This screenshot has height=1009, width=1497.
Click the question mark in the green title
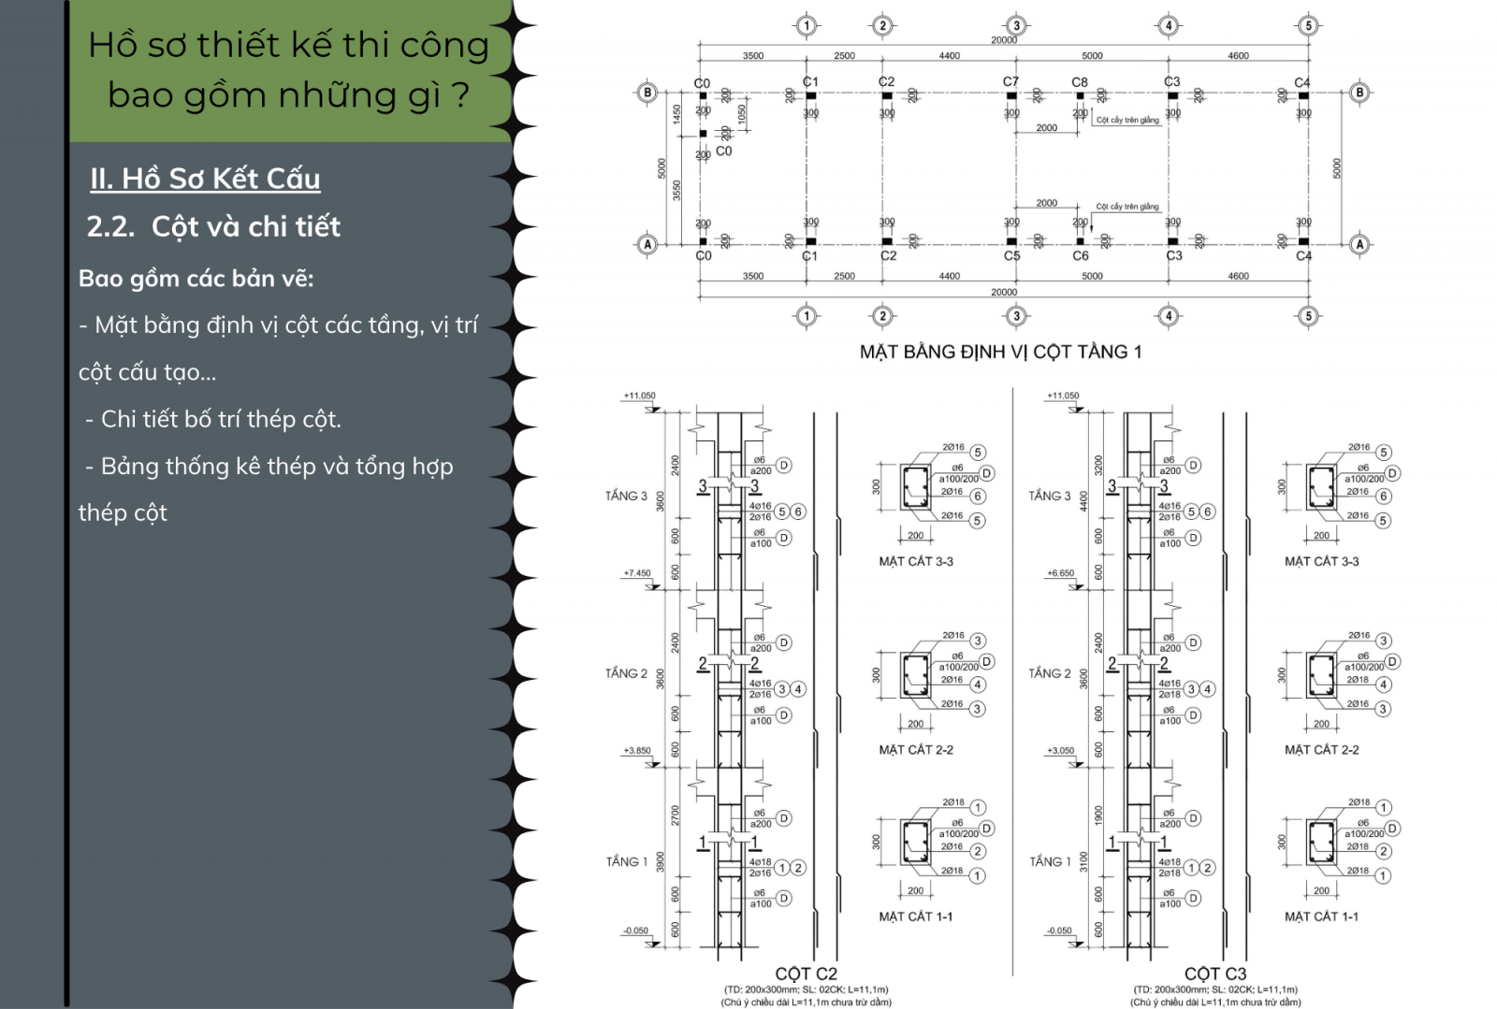[458, 95]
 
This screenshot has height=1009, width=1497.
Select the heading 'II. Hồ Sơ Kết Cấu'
[205, 179]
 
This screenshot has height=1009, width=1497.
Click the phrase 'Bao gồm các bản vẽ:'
[196, 279]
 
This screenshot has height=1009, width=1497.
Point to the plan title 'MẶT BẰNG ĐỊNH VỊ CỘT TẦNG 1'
[1000, 352]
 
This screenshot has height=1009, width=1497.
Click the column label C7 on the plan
[1010, 81]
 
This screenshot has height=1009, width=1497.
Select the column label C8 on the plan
[1080, 82]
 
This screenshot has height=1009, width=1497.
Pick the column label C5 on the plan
[1011, 256]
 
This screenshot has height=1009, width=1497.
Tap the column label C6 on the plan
[1081, 256]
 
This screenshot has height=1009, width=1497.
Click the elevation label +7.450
[637, 573]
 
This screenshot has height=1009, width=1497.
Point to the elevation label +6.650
[1060, 573]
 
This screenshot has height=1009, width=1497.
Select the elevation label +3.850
[637, 751]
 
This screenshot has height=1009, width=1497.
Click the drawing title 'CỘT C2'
[806, 973]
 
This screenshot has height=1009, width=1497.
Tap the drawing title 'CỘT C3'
[1214, 973]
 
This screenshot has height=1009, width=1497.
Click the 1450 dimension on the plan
[676, 114]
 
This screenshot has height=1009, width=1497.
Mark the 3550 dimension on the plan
[676, 190]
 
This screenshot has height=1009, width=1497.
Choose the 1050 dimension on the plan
[742, 114]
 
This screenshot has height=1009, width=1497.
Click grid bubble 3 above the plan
[1016, 26]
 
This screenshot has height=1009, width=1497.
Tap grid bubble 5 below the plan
[1308, 316]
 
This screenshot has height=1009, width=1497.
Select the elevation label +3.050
[1060, 751]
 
